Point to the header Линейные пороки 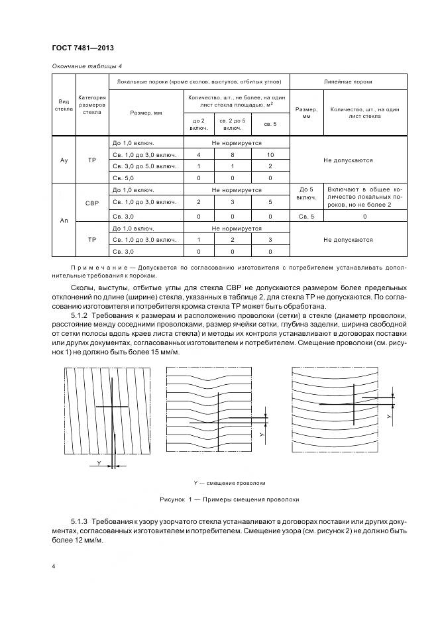[347, 81]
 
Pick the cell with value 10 [270, 154]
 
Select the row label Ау [64, 160]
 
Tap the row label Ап [64, 221]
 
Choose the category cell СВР [92, 203]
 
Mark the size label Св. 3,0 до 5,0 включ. [144, 166]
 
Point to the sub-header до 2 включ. [199, 124]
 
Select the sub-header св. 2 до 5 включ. [233, 124]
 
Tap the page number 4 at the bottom [54, 566]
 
